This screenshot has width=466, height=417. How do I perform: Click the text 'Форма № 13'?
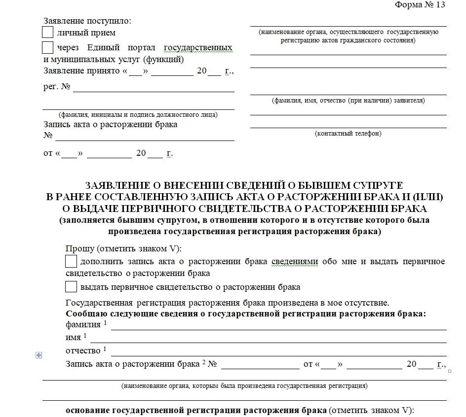[420, 5]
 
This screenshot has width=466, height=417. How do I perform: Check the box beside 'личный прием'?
[48, 33]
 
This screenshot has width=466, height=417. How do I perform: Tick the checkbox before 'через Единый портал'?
[48, 48]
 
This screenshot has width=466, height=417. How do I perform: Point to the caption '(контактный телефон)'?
[348, 134]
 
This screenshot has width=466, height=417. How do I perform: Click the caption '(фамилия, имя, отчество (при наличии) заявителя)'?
[348, 101]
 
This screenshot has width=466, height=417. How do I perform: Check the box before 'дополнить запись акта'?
[71, 261]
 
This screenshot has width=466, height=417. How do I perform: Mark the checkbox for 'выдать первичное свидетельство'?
[71, 287]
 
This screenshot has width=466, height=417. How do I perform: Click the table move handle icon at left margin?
[39, 355]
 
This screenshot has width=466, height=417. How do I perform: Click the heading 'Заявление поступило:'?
[87, 21]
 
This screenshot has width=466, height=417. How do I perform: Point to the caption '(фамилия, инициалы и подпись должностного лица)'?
[138, 115]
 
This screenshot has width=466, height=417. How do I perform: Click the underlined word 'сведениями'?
[294, 261]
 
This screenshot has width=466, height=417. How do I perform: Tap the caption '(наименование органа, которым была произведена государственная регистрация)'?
[244, 386]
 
